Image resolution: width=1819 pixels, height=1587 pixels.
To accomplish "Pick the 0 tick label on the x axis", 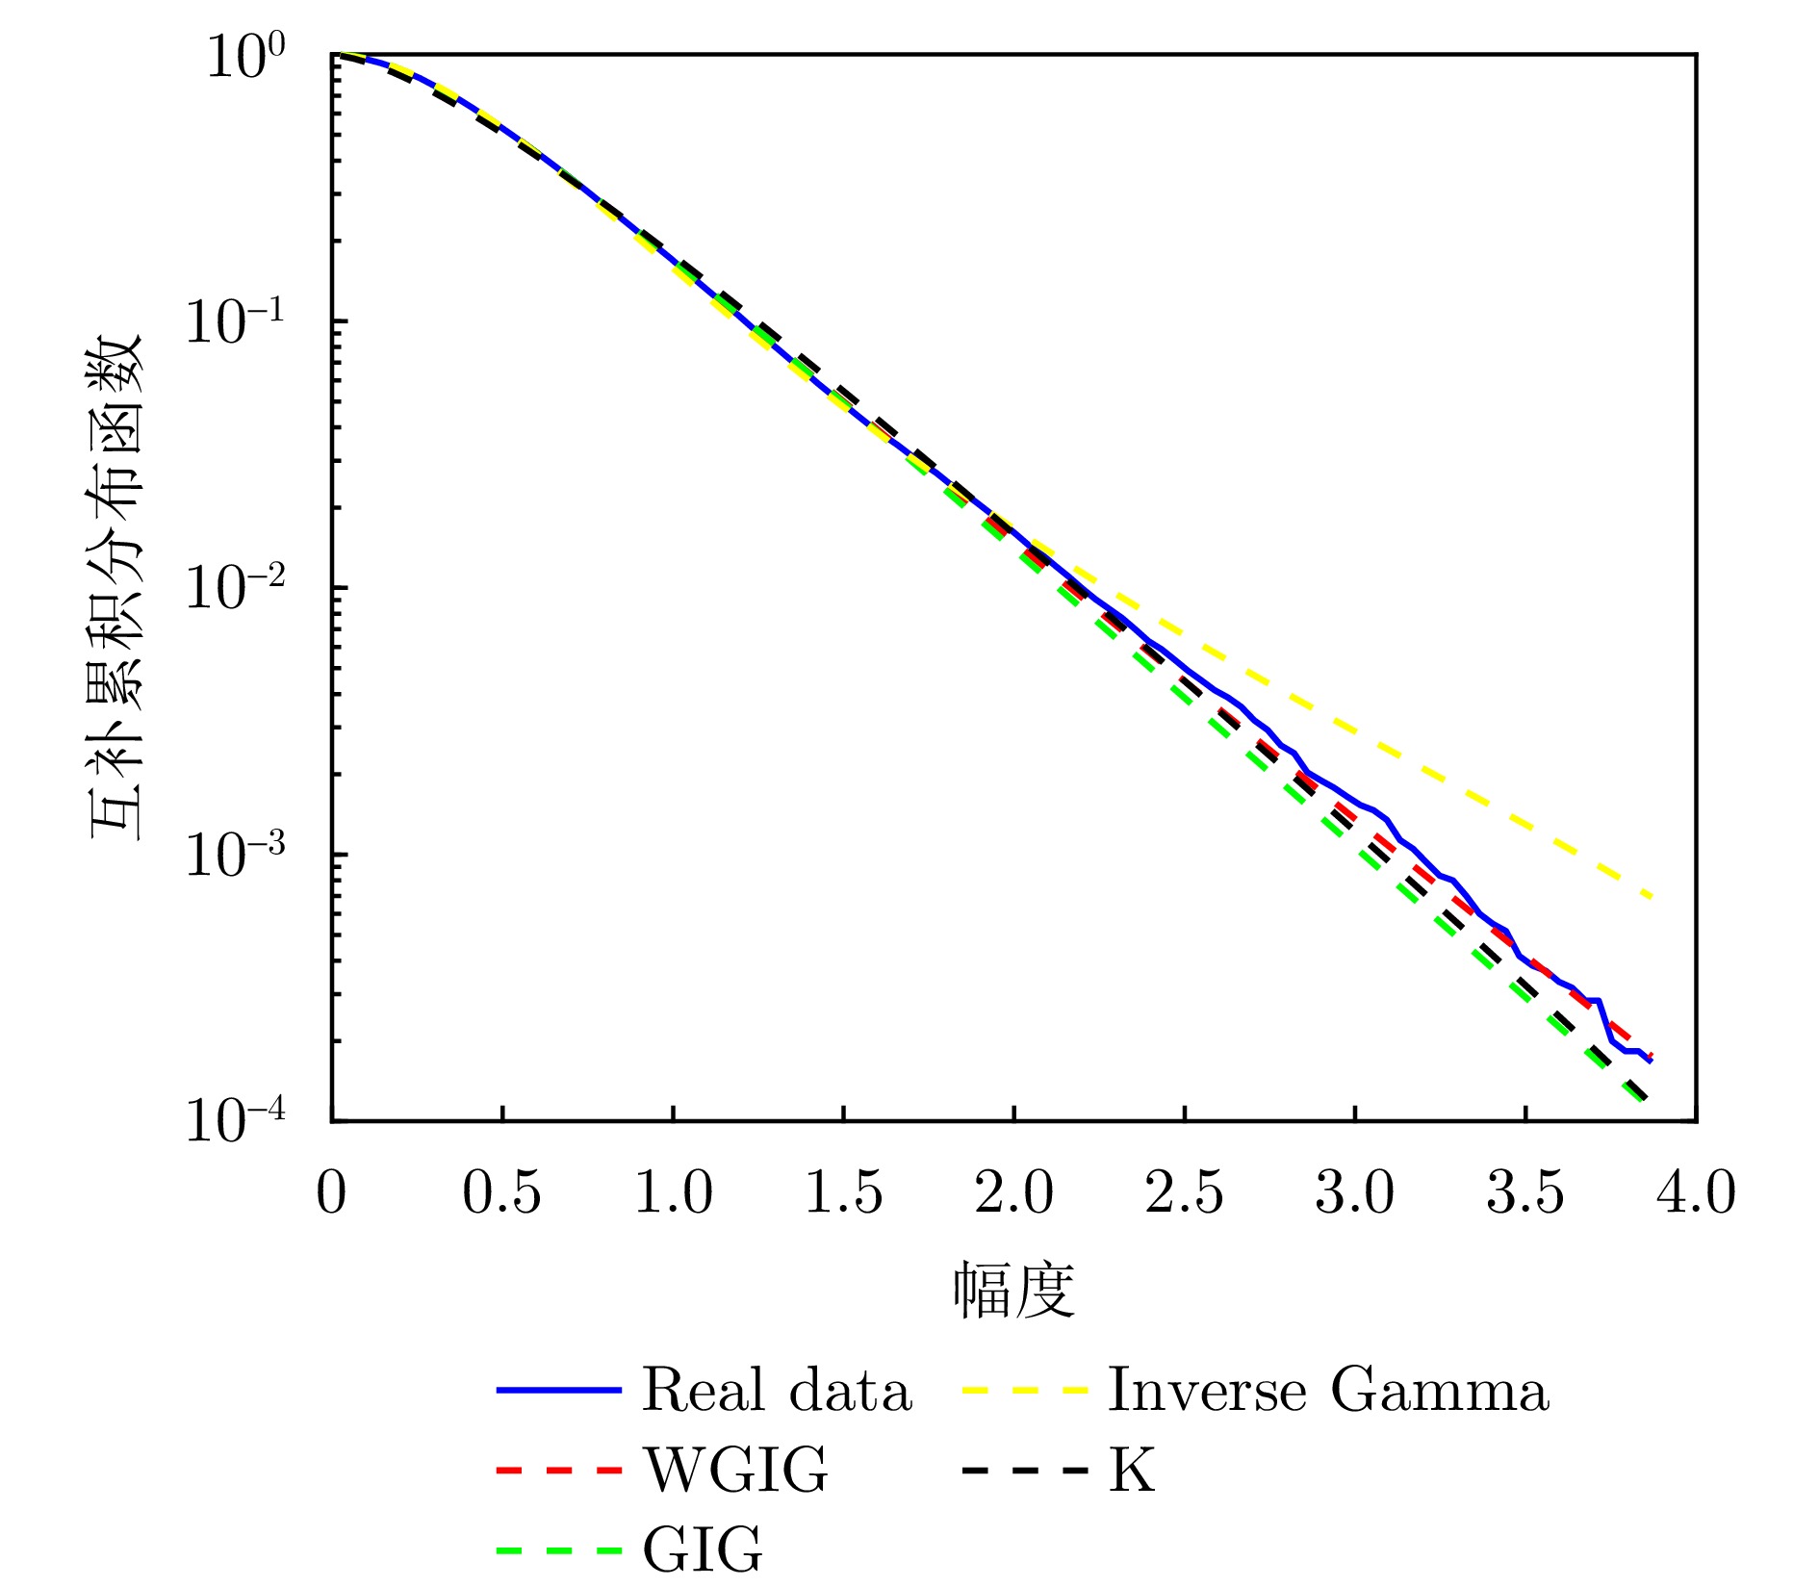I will [331, 1193].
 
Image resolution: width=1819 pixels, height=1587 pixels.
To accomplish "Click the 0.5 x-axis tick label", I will [501, 1193].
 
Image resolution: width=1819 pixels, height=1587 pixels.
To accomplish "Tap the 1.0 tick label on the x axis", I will [673, 1193].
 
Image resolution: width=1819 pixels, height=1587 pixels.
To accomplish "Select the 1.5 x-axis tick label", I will [843, 1193].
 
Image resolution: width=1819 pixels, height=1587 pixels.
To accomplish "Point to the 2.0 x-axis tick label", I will [1013, 1193].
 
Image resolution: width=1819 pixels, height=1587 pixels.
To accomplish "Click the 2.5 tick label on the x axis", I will [1184, 1193].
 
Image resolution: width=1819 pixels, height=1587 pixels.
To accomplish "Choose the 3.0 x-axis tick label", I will [1354, 1193].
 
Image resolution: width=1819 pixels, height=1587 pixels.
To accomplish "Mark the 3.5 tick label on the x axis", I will [1525, 1193].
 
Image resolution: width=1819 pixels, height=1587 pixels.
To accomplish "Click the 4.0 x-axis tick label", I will [1696, 1193].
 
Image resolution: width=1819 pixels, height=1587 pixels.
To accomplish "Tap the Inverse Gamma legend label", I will [1328, 1392].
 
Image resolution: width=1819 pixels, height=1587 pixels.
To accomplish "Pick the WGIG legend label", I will [735, 1471].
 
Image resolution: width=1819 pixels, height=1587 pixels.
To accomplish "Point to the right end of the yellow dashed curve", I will [1651, 897].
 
